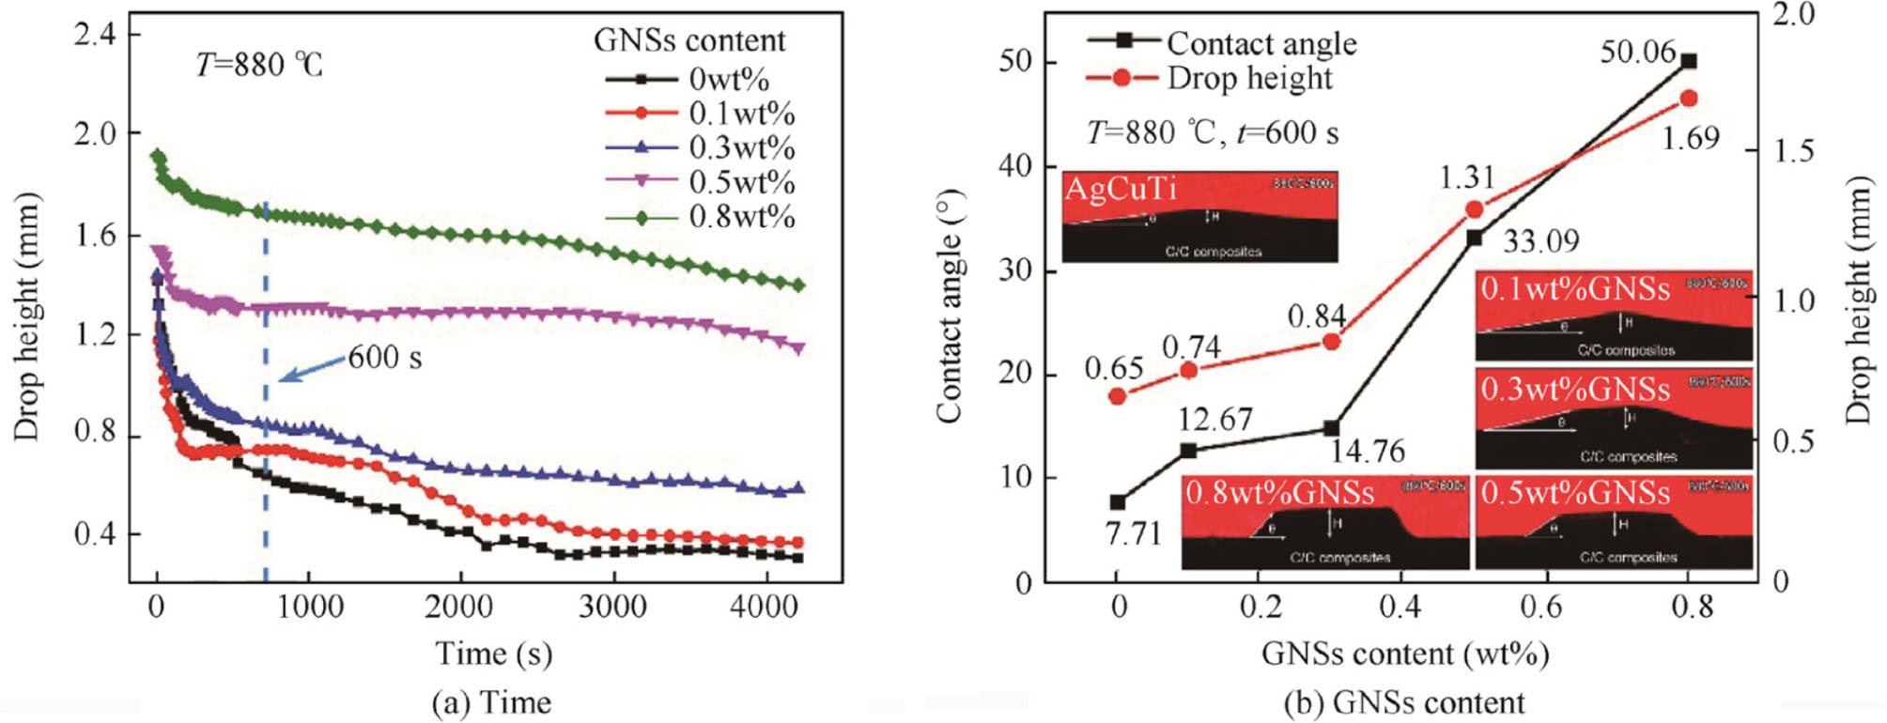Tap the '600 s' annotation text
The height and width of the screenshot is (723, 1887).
point(385,358)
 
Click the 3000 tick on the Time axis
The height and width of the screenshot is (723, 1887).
point(612,607)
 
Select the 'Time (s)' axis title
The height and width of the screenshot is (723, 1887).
point(493,654)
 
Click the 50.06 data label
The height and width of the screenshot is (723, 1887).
point(1637,52)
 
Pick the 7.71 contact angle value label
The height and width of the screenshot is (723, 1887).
point(1134,533)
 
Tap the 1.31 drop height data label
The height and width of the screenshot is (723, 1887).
point(1466,177)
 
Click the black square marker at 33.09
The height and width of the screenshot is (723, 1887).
point(1475,238)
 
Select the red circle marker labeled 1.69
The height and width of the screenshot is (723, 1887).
point(1688,99)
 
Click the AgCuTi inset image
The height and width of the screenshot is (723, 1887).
point(1199,216)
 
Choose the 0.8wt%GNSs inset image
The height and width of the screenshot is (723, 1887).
point(1324,522)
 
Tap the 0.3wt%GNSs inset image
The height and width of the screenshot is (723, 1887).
point(1614,419)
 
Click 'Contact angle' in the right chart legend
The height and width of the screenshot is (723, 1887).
point(1261,43)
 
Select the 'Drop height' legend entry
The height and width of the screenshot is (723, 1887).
point(1249,78)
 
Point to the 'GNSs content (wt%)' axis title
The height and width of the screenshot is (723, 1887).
point(1404,654)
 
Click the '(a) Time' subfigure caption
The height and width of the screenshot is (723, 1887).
point(491,702)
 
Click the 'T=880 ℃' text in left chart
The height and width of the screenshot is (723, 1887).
point(259,65)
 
